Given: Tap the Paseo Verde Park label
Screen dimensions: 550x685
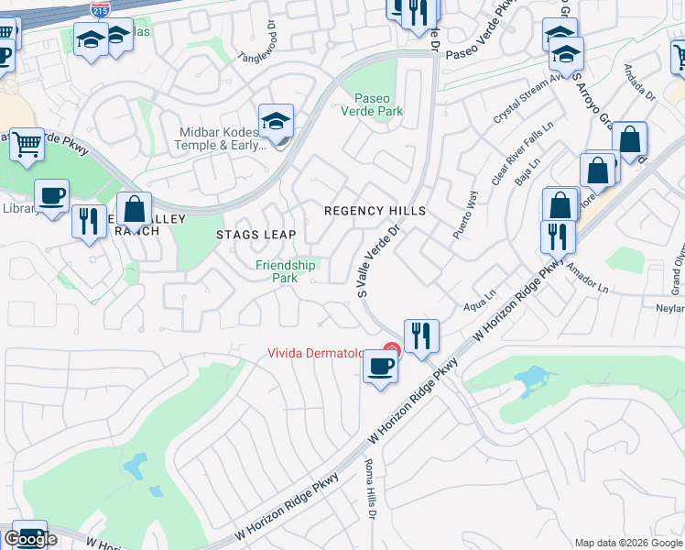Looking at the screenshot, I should [379, 104].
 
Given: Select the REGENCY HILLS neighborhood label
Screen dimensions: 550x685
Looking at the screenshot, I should [375, 211].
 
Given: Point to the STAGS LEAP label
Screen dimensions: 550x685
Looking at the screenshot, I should [256, 235].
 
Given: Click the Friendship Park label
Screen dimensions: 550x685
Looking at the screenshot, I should [286, 271].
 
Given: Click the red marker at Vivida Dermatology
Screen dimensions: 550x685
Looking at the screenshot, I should [392, 349].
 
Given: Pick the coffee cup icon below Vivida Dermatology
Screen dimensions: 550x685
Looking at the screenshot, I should [380, 367].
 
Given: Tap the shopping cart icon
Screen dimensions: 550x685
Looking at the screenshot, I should [27, 144].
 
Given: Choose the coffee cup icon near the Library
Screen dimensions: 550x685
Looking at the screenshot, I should [51, 195].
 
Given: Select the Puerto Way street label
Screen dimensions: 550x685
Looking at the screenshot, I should [463, 215].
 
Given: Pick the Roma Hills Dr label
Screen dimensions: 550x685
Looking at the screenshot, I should [372, 489].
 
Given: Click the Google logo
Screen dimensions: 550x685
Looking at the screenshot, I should [30, 539].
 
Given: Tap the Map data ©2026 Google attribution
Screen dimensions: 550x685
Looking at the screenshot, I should [627, 543].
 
